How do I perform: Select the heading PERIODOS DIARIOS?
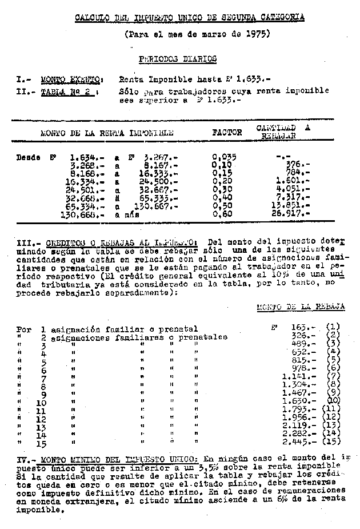pyautogui.click(x=178, y=58)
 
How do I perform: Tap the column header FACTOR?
pyautogui.click(x=227, y=132)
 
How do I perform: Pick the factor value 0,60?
pyautogui.click(x=222, y=214)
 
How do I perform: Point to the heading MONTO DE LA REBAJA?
pyautogui.click(x=300, y=307)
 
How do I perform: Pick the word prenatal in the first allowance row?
pyautogui.click(x=178, y=329)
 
